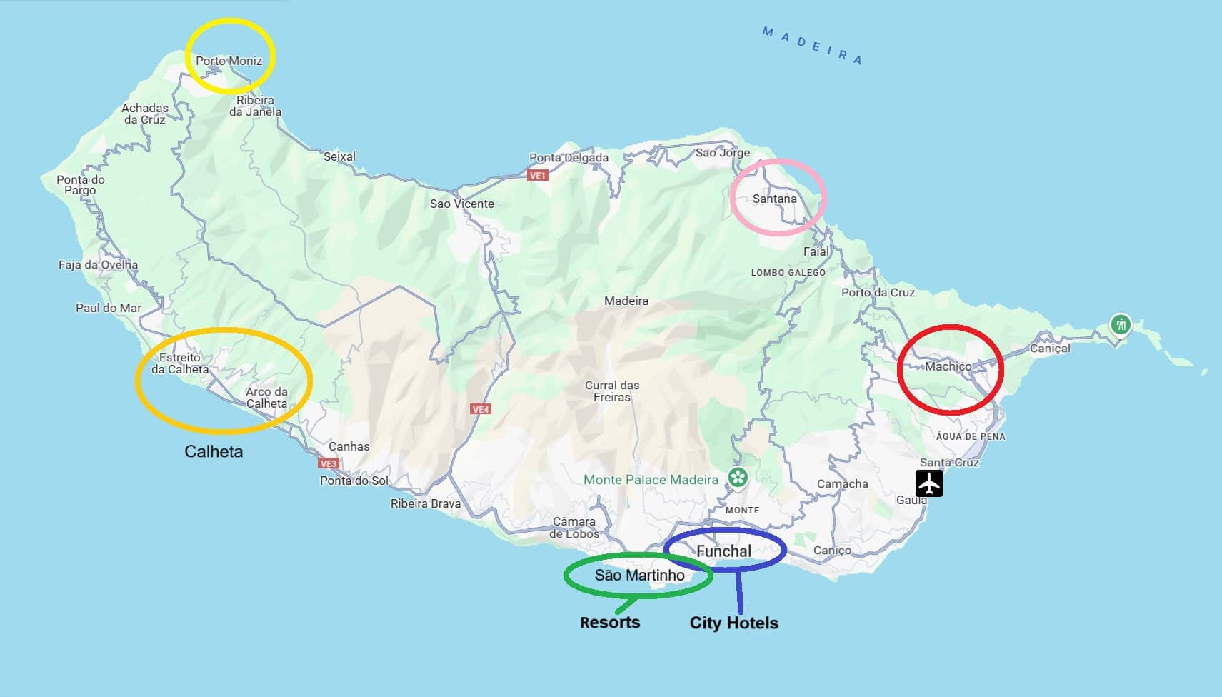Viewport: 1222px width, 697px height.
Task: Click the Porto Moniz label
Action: pos(229,61)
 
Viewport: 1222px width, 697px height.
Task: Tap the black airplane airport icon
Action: pos(928,483)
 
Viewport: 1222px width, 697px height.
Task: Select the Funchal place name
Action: pos(723,551)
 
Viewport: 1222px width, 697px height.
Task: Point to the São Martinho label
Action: pos(639,576)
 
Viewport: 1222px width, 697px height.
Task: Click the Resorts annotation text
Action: pos(610,623)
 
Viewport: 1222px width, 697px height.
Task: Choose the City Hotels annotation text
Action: pos(733,623)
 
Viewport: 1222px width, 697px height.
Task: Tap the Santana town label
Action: pos(774,199)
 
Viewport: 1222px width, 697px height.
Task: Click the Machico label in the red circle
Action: pos(948,366)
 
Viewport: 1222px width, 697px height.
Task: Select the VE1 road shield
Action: pos(538,175)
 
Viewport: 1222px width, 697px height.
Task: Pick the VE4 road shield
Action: pos(481,409)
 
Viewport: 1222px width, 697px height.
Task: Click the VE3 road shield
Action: pos(328,463)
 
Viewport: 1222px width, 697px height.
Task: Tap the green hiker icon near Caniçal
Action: pos(1120,325)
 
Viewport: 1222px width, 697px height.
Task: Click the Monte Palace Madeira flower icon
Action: pos(738,477)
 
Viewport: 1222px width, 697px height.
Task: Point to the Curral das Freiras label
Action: pos(611,391)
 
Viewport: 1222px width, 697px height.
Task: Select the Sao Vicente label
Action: pos(461,204)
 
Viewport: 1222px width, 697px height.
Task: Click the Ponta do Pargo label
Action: pos(80,185)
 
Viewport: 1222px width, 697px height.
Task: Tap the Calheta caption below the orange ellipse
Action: pos(214,451)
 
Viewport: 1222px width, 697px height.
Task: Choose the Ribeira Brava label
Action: pos(425,503)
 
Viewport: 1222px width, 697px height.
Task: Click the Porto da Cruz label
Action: pos(877,292)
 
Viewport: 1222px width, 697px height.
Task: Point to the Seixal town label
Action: pos(339,156)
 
